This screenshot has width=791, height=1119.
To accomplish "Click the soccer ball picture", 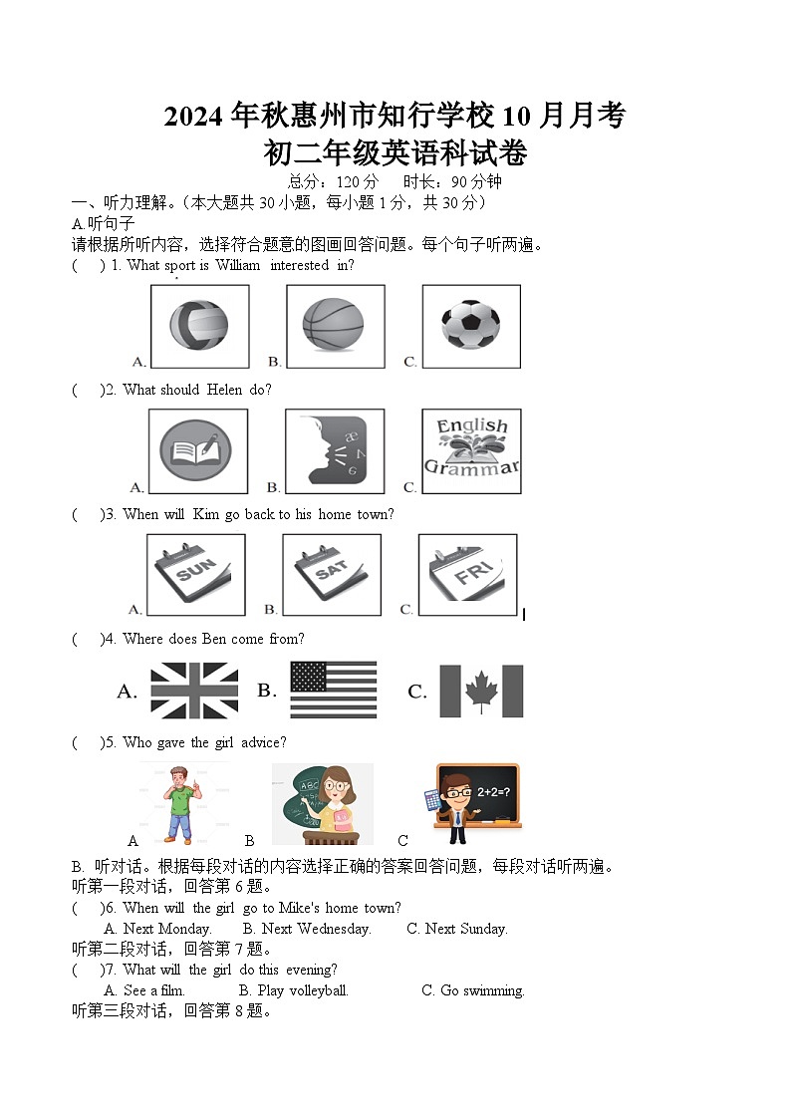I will point(470,326).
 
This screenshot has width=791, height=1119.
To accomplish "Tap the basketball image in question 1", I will point(334,326).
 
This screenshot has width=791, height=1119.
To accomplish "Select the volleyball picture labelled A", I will point(198,326).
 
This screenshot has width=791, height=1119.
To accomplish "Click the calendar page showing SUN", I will point(196,574).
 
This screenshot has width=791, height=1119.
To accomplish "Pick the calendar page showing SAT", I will point(332,574).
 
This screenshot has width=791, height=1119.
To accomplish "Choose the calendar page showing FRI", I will point(467,574).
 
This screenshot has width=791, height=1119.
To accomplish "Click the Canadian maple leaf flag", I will point(481,691).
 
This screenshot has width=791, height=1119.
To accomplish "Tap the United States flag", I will point(334,690).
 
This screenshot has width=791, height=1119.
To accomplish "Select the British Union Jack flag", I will point(194,691).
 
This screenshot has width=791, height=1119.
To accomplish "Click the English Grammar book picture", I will point(471,450).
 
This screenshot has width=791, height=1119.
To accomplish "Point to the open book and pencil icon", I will point(197,451).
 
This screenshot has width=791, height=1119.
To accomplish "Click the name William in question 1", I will point(236,265).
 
